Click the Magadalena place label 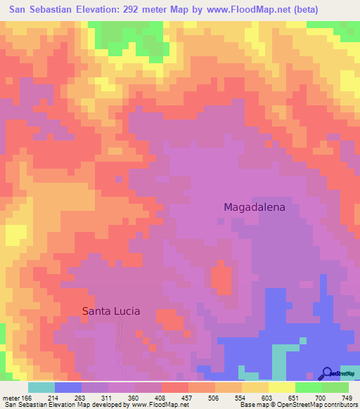pos(259,207)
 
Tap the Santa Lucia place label pos(111,311)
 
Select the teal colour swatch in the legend pos(41,387)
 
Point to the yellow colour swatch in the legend pos(282,387)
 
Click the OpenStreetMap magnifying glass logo pos(327,372)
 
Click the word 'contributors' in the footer pos(339,405)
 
